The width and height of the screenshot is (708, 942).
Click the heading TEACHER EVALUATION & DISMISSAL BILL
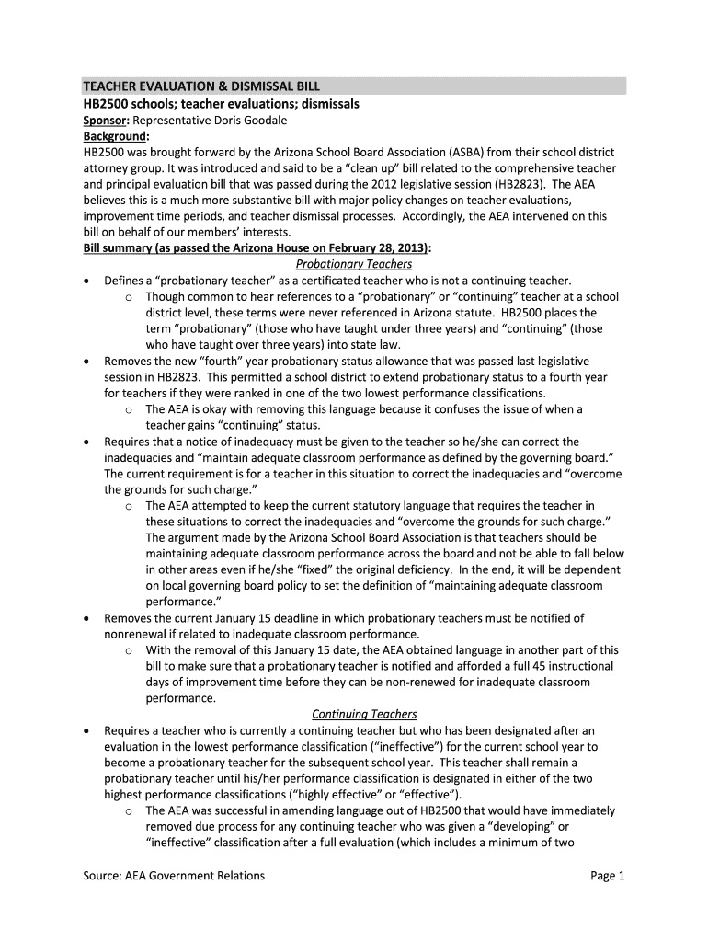(201, 86)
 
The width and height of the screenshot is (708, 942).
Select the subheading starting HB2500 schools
(221, 104)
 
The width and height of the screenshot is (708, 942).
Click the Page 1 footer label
(608, 875)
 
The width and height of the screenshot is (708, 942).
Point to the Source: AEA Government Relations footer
(175, 875)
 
